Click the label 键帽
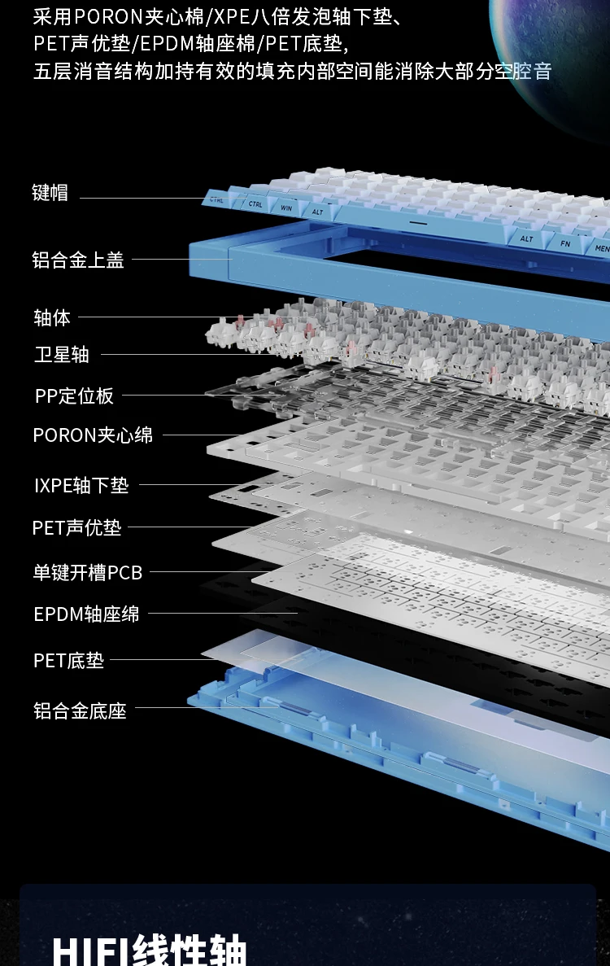click(50, 193)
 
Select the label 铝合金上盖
click(78, 260)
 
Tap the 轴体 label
click(52, 317)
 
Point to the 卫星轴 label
click(62, 355)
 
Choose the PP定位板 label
click(74, 396)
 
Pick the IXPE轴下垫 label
click(81, 486)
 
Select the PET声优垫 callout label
click(76, 528)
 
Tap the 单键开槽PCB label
click(88, 573)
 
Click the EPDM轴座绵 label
click(86, 614)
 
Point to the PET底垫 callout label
click(68, 660)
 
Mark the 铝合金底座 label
click(80, 710)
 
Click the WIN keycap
click(285, 208)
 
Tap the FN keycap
click(564, 243)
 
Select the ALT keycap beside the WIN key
click(317, 212)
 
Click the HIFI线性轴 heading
click(149, 949)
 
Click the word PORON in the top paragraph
click(108, 16)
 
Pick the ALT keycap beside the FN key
click(527, 238)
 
